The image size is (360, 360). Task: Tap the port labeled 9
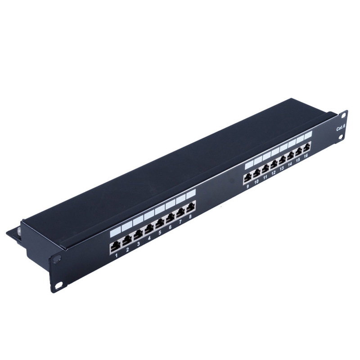point(247,178)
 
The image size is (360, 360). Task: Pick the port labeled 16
point(307,147)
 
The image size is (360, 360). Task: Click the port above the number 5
point(160,224)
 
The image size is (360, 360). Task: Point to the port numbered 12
point(273,165)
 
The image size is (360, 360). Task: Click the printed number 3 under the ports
point(138,244)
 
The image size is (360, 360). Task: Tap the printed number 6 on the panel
point(170,227)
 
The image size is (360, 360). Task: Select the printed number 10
point(256,182)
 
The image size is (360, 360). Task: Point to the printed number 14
point(290,164)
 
